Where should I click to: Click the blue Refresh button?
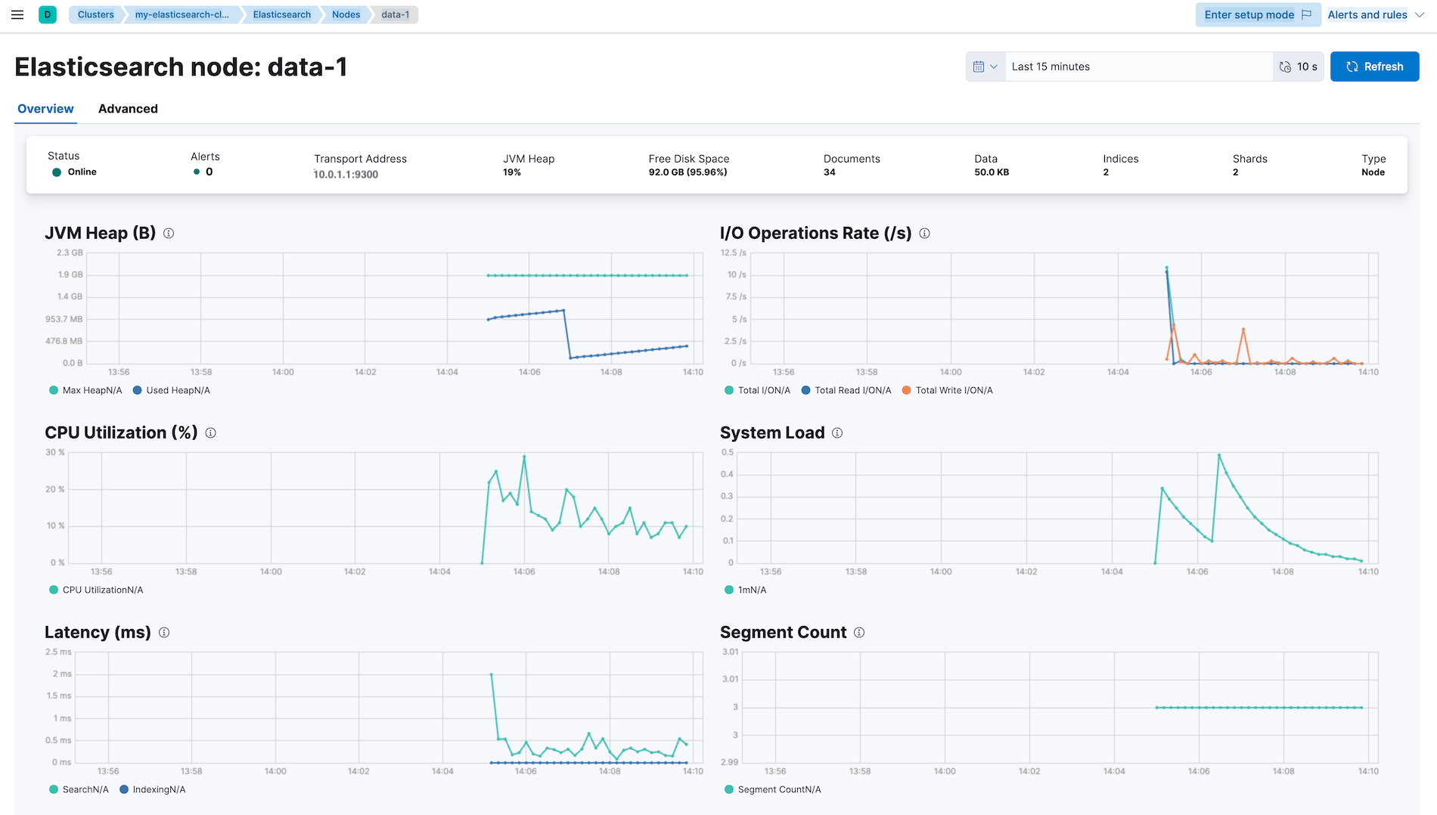point(1374,67)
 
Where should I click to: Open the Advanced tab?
point(128,109)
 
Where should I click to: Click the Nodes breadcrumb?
point(346,14)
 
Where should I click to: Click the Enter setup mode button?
point(1257,14)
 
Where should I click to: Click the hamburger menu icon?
point(17,14)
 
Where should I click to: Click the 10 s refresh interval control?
point(1299,67)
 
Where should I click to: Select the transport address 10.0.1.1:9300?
point(346,175)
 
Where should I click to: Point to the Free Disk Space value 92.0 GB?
point(687,172)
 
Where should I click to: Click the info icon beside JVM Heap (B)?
point(169,234)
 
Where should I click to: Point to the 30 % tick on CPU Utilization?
point(54,452)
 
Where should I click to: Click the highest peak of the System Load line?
point(1218,455)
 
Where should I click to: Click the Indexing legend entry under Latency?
point(158,789)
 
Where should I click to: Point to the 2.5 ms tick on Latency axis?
point(58,652)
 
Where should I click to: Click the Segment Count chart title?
point(783,632)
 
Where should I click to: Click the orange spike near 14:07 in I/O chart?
point(1243,330)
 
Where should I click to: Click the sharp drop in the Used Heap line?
point(566,333)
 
